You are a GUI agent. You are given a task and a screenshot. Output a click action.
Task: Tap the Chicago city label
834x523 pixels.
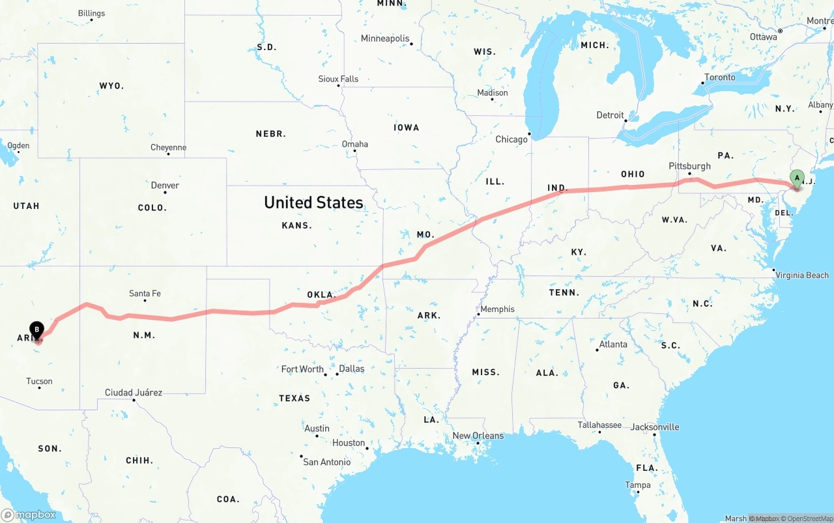point(511,139)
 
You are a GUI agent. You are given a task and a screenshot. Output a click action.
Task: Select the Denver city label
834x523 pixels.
point(165,186)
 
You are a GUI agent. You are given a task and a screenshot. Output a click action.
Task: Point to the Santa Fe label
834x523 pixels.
point(145,294)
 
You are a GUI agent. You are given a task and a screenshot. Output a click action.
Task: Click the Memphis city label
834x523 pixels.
point(497,309)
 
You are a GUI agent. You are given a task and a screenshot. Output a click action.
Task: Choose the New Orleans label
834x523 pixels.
point(478,436)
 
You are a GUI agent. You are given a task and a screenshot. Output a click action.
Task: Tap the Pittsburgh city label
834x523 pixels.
point(689,166)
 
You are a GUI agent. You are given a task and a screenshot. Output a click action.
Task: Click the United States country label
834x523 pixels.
point(313,203)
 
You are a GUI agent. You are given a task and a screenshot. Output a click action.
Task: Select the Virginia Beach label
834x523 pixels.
point(801,276)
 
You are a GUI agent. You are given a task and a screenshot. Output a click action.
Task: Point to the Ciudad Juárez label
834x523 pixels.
point(134,393)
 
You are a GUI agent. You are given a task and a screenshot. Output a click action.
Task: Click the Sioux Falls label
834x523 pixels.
point(338,79)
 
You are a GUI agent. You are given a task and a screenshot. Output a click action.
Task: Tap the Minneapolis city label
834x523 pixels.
point(385,38)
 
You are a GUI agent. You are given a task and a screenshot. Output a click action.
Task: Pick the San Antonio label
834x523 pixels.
point(327,462)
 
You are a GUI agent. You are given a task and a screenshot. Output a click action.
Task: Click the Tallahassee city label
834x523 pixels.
point(599,425)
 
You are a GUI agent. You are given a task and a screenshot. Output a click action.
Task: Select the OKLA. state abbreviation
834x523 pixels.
point(321,294)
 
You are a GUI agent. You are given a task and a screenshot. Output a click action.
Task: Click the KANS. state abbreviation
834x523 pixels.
point(296,225)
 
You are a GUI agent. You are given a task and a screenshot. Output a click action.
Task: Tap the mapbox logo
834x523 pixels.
point(29,515)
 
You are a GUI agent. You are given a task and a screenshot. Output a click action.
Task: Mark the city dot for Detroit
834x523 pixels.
point(625,120)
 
